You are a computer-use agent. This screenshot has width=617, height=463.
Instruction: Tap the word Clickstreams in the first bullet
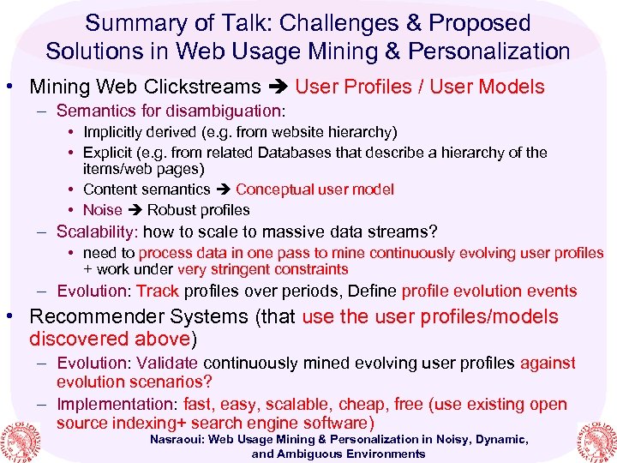pos(207,87)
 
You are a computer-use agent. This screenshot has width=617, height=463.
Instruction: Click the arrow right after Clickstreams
pos(279,87)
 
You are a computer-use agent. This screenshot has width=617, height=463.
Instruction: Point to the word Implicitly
pos(118,132)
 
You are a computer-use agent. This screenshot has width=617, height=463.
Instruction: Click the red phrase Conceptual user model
pos(314,189)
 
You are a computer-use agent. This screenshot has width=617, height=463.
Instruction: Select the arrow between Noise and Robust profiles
pos(135,210)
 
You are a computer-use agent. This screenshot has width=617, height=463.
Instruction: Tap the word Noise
pos(102,210)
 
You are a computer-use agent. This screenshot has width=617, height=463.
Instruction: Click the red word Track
pos(157,292)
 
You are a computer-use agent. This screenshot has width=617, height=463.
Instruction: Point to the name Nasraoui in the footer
pos(178,440)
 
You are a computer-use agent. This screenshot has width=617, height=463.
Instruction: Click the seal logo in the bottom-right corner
pos(593,439)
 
